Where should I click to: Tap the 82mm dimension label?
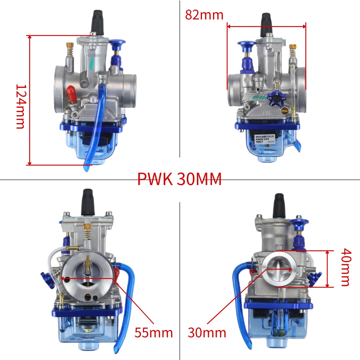204,15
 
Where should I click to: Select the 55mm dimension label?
154,332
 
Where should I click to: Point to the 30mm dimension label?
207,332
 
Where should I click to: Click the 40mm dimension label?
345,267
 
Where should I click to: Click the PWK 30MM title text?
179,179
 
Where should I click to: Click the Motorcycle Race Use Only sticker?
265,139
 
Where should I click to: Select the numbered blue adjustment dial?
276,98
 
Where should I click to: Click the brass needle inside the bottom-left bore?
87,266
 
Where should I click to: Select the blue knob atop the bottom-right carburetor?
300,225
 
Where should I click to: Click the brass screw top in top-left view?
69,45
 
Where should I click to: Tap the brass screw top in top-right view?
293,47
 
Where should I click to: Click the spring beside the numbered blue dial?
278,86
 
